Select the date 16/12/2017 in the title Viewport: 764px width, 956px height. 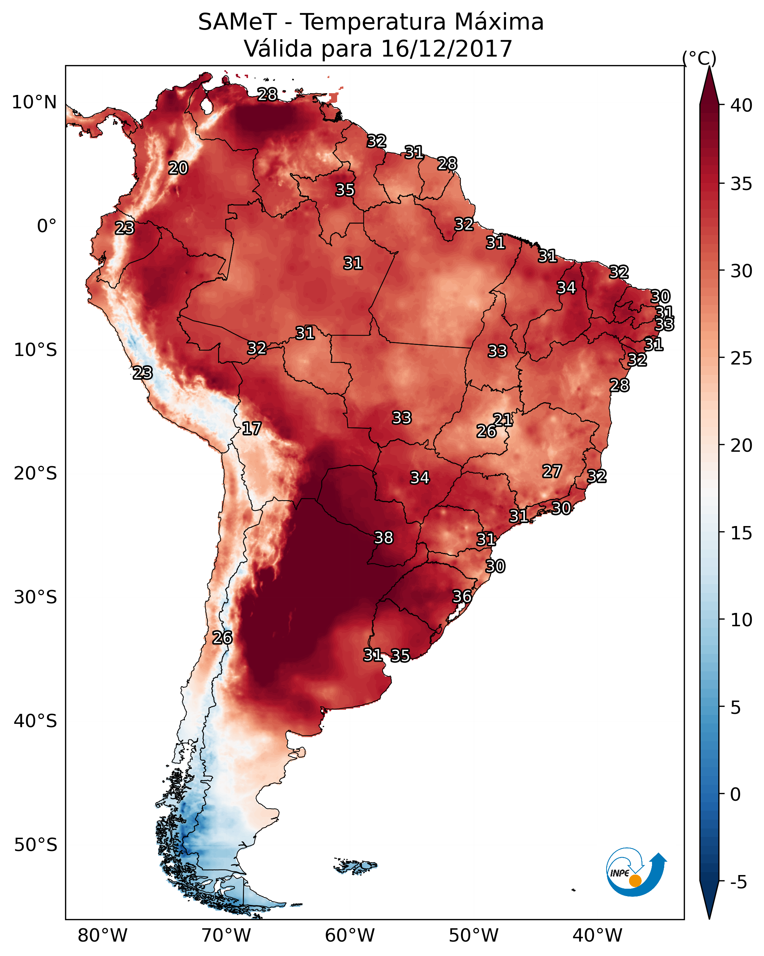(446, 49)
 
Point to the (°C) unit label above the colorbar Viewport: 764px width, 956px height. (699, 58)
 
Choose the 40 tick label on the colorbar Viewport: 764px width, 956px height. (741, 105)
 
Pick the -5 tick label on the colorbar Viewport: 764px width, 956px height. (738, 882)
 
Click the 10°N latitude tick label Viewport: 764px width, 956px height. (34, 102)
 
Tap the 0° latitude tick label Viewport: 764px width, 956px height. (47, 226)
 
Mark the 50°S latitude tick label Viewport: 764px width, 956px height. (35, 845)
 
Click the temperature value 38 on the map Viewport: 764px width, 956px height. (384, 538)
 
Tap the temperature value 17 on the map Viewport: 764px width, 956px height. (251, 429)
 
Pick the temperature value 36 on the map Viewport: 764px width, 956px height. (462, 596)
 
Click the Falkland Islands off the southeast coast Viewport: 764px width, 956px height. (356, 865)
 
